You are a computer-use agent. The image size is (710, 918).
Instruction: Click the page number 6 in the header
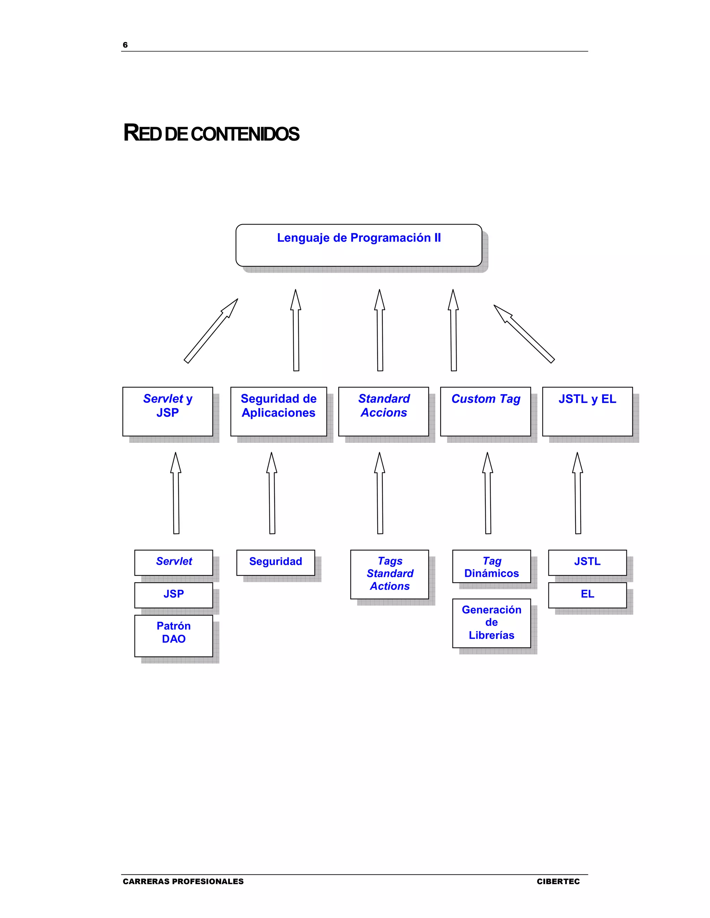[125, 45]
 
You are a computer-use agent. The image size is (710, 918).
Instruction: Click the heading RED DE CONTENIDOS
[211, 133]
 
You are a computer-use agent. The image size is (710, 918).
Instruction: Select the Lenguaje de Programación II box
[359, 245]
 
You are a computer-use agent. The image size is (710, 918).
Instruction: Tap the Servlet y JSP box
[167, 412]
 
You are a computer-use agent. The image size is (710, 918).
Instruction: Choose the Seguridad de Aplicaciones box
[278, 412]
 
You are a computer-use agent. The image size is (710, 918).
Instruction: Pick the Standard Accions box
[384, 412]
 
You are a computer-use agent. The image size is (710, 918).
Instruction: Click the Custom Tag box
[485, 412]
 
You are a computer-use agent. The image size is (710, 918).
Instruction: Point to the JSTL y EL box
[587, 412]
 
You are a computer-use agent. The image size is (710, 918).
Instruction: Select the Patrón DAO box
[174, 636]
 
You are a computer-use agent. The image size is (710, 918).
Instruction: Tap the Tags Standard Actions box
[389, 574]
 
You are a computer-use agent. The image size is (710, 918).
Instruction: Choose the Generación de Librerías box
[491, 623]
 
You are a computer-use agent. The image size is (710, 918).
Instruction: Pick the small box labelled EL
[587, 595]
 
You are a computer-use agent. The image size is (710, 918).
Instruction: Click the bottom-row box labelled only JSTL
[587, 562]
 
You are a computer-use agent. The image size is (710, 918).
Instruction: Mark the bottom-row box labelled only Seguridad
[276, 562]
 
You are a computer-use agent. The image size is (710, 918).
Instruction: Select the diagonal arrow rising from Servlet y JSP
[210, 331]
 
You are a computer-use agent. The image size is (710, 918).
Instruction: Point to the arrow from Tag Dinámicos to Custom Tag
[488, 494]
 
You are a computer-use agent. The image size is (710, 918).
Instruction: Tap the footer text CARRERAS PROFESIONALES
[183, 881]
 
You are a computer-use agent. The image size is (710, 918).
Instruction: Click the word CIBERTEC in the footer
[558, 881]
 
